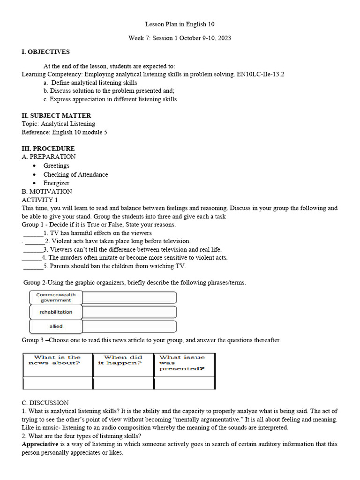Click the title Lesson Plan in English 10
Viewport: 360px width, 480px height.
click(x=180, y=24)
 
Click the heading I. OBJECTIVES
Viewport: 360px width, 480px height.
click(x=45, y=52)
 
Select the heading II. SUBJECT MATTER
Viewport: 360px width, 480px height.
click(x=56, y=116)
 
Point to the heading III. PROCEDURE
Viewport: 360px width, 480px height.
click(x=48, y=149)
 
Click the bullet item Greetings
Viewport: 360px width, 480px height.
click(x=56, y=165)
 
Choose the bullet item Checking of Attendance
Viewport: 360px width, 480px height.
click(x=75, y=174)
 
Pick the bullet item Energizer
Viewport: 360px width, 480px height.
click(x=56, y=183)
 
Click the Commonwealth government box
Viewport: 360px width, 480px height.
click(x=56, y=298)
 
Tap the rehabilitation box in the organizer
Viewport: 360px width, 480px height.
click(x=56, y=312)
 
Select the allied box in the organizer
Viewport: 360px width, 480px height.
click(x=56, y=326)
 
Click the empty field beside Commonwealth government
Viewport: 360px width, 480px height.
click(x=129, y=298)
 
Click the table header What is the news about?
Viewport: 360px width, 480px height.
click(x=58, y=360)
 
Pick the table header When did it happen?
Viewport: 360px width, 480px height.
click(x=123, y=360)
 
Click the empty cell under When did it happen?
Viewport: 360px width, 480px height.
click(x=123, y=383)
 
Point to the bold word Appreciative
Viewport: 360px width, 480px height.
click(x=40, y=444)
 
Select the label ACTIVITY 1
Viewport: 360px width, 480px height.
click(x=40, y=200)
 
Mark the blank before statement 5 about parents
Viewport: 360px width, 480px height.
click(x=33, y=266)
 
